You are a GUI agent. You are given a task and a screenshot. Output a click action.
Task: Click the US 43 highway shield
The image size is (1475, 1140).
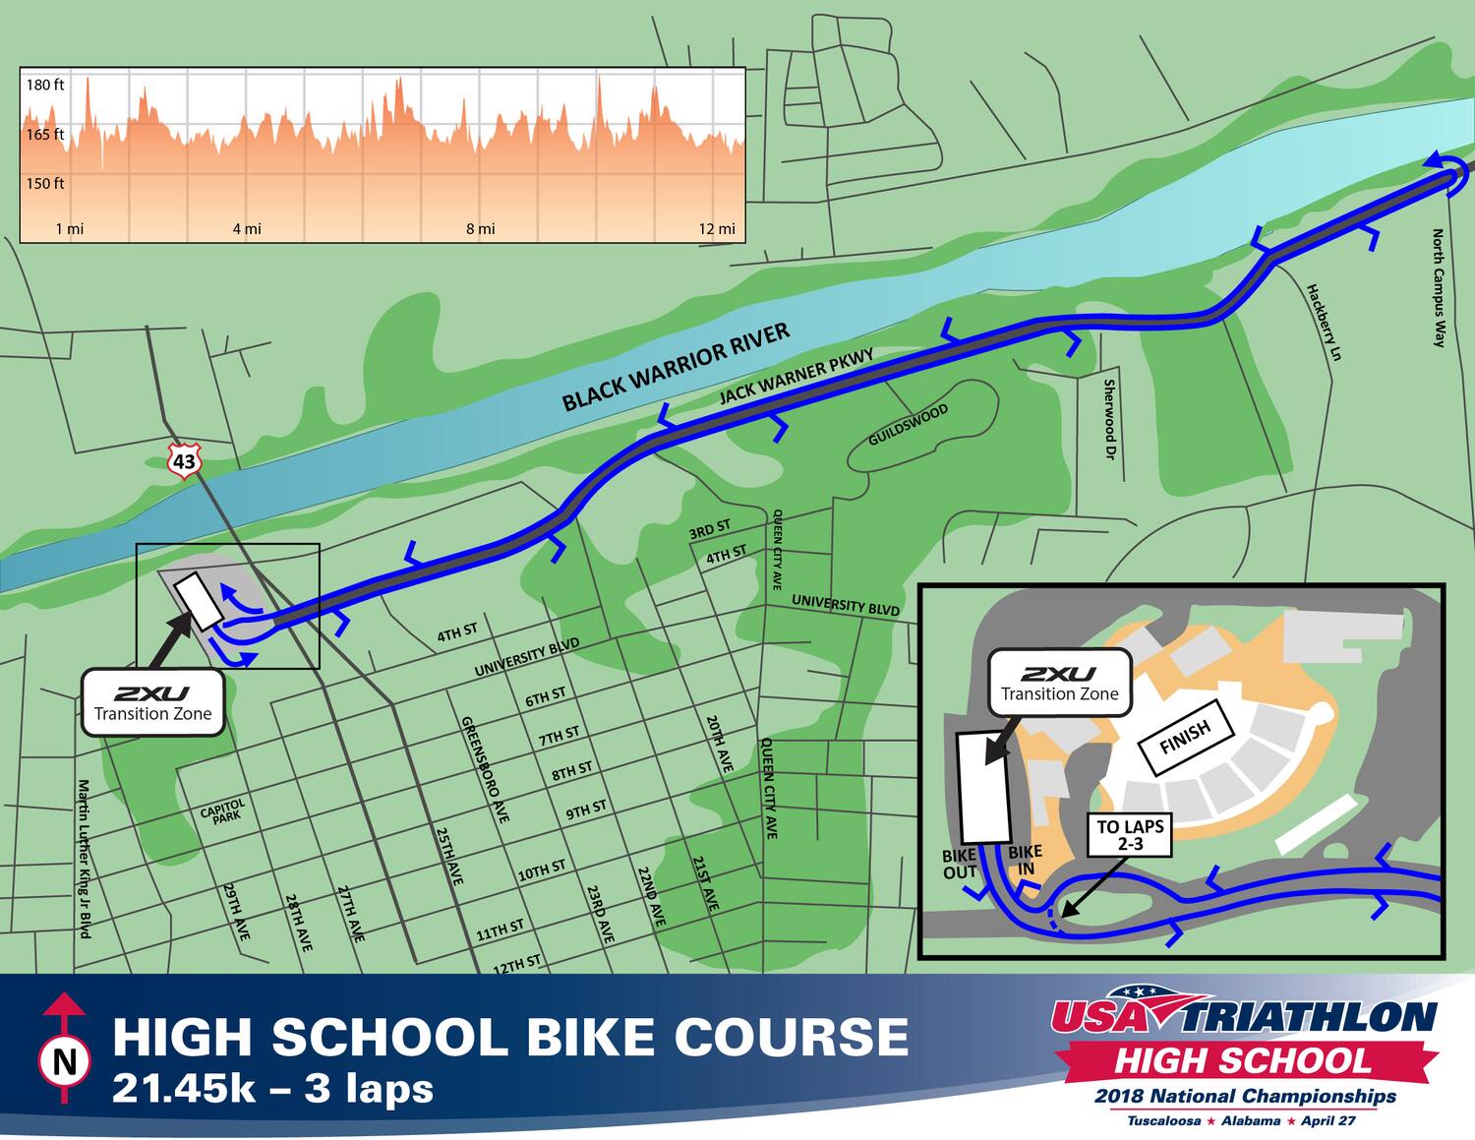pos(184,460)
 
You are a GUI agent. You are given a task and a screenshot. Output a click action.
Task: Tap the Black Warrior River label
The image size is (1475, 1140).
pos(676,367)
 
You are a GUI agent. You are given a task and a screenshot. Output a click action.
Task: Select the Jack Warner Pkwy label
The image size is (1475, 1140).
pos(796,376)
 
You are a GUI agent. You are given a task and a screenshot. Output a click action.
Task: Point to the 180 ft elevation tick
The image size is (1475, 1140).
pos(45,86)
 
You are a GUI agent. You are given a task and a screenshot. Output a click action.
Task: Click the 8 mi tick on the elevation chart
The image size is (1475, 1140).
pos(481,229)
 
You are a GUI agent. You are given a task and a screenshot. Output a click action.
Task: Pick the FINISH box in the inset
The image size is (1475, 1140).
pos(1185,736)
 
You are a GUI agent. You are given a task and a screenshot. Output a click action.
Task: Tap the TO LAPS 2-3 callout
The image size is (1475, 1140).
pos(1130,835)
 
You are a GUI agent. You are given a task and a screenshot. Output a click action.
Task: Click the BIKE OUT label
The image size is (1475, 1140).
pos(960,864)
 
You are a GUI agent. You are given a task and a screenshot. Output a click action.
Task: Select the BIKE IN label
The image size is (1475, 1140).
pos(1025,860)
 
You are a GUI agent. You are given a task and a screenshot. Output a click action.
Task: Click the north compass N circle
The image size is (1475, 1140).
pos(65,1061)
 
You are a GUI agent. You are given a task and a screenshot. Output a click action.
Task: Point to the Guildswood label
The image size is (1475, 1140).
pos(908,425)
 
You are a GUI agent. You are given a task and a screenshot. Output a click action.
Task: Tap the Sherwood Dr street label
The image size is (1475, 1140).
pos(1109,420)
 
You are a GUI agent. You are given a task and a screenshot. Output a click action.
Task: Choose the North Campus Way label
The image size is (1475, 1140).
pos(1439,288)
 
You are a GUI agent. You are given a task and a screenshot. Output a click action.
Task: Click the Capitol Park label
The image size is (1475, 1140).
pos(222,810)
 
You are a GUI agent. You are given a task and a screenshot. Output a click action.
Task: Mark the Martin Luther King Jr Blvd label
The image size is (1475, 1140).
pos(85,858)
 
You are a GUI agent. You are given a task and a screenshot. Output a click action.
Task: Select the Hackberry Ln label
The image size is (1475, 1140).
pos(1323,323)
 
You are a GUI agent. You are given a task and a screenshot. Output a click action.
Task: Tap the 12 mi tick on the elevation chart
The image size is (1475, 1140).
pos(717,229)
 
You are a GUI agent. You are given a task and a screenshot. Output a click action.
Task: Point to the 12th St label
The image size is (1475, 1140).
pos(516,964)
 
